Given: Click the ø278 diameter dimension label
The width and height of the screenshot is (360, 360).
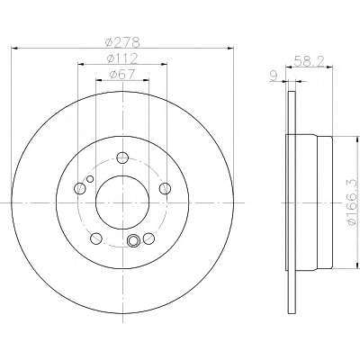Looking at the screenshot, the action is [123, 42].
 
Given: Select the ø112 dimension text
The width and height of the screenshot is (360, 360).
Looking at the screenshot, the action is [122, 58].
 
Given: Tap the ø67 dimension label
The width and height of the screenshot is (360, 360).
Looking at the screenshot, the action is [122, 75].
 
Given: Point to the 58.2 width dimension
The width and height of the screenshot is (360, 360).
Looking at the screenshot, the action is [309, 61].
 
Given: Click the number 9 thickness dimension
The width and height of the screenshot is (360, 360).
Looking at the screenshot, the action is [274, 76].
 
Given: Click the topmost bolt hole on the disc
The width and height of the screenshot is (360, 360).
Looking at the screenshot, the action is [122, 157].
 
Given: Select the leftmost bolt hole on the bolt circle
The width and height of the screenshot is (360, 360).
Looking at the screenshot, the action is [79, 188].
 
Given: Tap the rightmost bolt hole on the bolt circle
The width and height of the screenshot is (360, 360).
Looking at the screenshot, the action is [165, 188].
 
